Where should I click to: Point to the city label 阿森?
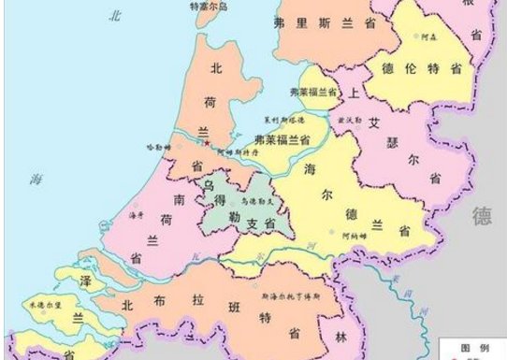click(x=429, y=37)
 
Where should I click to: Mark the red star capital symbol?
click(x=208, y=142)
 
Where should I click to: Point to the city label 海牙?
click(x=137, y=217)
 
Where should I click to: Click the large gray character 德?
click(x=483, y=217)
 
